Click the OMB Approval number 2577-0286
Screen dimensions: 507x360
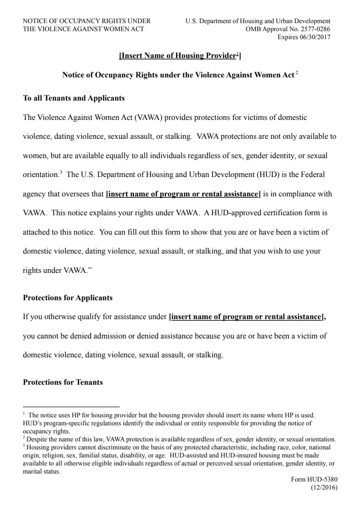click(314, 29)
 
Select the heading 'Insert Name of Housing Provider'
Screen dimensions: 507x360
click(180, 56)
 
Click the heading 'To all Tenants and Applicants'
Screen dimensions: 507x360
click(74, 98)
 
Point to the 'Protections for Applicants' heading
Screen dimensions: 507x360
click(68, 298)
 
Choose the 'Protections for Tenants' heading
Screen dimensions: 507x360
click(63, 382)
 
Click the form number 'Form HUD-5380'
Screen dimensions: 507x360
click(314, 480)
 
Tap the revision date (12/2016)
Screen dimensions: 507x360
click(324, 488)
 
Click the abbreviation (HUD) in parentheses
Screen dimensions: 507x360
click(269, 175)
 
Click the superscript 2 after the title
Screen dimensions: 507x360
click(297, 73)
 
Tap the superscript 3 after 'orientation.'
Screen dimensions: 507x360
click(60, 172)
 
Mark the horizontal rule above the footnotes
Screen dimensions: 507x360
click(71, 406)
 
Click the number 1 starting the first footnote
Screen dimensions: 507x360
click(24, 414)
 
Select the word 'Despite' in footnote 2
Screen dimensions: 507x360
click(37, 439)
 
